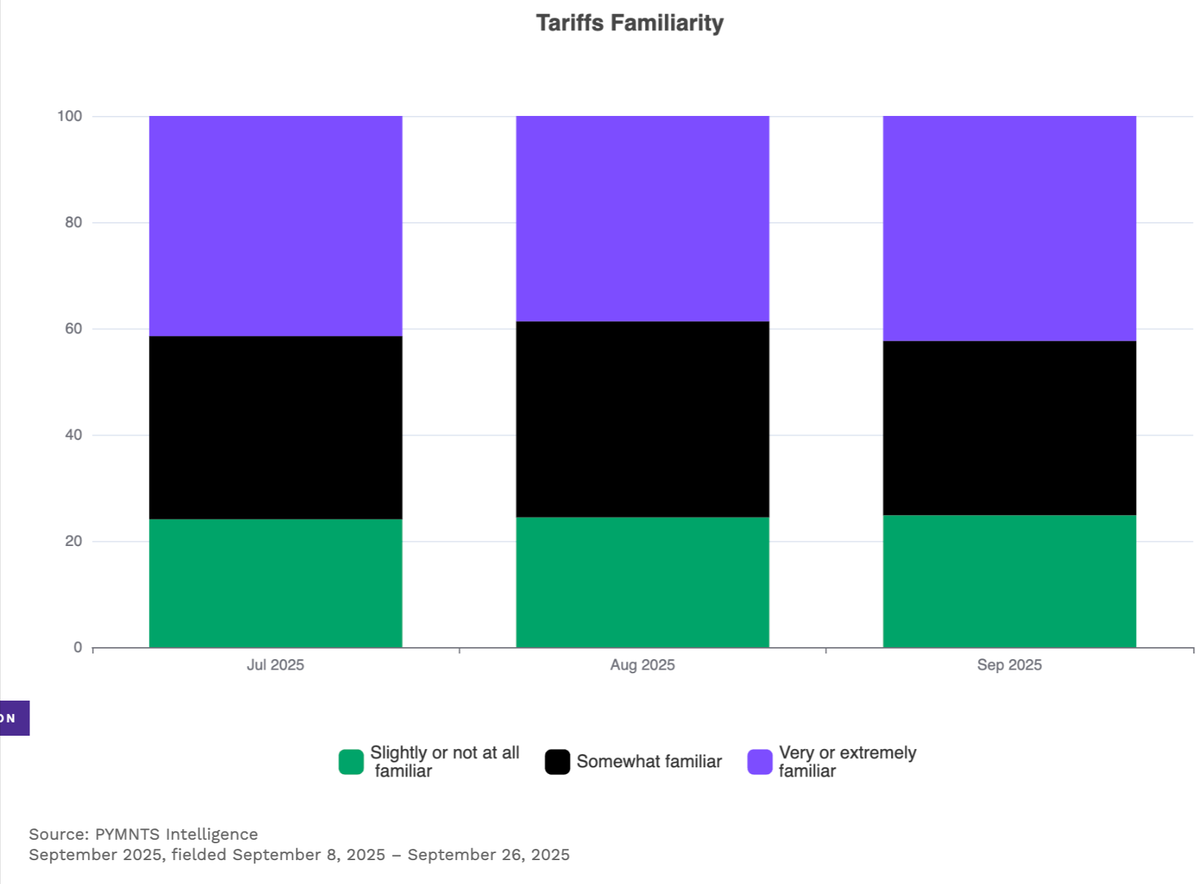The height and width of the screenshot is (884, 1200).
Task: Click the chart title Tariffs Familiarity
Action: [x=630, y=24]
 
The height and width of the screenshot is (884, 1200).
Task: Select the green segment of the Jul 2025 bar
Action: [x=276, y=583]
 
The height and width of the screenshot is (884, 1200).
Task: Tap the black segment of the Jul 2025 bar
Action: [x=276, y=427]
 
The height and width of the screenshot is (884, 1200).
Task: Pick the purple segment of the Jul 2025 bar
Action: [x=276, y=226]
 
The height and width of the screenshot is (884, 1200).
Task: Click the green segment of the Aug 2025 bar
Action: [x=643, y=583]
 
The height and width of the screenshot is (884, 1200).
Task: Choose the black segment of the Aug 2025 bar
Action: [x=643, y=419]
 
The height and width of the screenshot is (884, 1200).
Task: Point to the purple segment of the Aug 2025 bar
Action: [x=643, y=219]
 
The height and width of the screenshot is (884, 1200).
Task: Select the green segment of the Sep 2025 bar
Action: [x=1010, y=581]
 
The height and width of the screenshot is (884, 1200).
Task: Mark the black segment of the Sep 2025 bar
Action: [x=1010, y=428]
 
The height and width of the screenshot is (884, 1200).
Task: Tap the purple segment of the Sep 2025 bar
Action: [x=1010, y=228]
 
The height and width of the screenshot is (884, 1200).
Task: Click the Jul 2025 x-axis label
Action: [x=275, y=665]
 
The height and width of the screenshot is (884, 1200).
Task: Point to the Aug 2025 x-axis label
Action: [x=642, y=665]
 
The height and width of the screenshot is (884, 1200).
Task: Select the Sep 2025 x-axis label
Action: [x=1010, y=665]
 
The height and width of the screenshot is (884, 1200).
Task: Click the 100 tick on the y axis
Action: [x=70, y=116]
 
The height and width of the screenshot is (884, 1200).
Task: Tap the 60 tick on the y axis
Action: [x=73, y=328]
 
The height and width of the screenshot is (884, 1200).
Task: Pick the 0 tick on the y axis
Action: [x=78, y=648]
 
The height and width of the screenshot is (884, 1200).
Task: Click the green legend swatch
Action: [x=351, y=762]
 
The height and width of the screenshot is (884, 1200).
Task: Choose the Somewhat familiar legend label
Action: [x=649, y=761]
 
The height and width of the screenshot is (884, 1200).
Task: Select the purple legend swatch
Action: [x=760, y=762]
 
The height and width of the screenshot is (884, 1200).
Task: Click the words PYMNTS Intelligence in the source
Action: [x=176, y=834]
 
